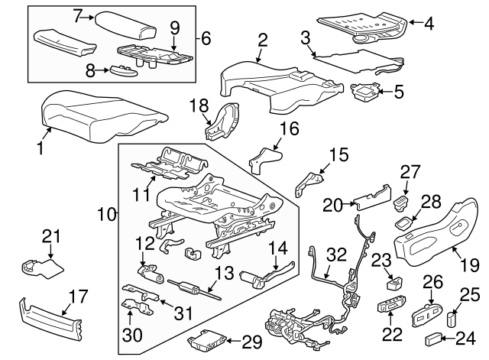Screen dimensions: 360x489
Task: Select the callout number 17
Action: point(79,296)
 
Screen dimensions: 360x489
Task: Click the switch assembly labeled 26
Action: point(423,314)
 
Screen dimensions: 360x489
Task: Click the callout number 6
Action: point(205,37)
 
